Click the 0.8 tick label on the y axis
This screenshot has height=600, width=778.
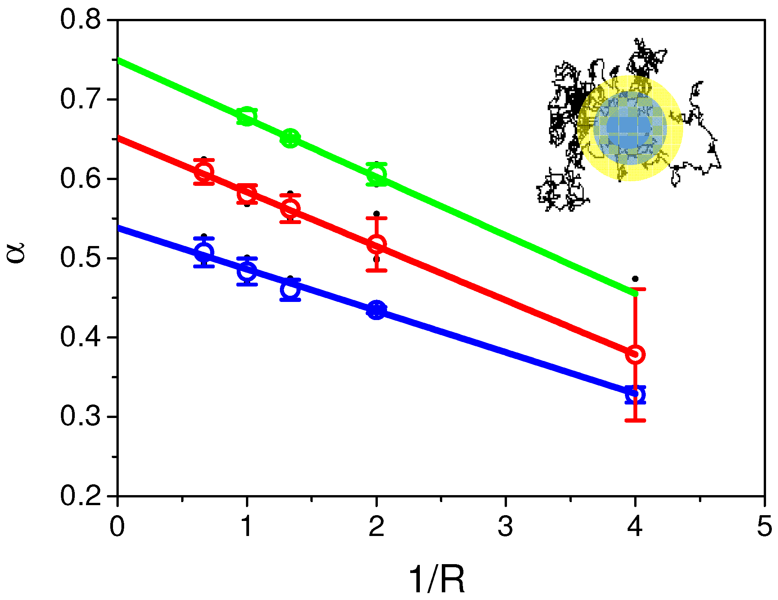click(x=80, y=20)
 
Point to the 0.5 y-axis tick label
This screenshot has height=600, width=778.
click(x=80, y=258)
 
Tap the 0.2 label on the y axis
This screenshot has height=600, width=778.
click(x=80, y=496)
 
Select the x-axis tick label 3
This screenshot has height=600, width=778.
click(x=505, y=527)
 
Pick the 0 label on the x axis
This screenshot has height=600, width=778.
click(x=117, y=527)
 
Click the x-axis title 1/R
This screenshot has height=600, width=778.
click(x=437, y=580)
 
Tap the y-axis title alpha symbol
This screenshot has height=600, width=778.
click(x=16, y=253)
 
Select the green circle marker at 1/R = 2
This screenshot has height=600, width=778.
click(x=377, y=175)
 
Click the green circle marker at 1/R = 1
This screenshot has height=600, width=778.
click(x=247, y=116)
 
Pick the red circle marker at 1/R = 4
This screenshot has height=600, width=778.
click(x=635, y=354)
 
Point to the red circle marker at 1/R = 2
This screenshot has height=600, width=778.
click(x=377, y=244)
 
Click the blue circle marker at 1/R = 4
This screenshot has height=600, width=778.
click(x=635, y=394)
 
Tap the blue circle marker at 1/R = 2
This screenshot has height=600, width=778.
click(x=377, y=310)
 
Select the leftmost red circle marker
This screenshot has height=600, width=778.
click(x=204, y=172)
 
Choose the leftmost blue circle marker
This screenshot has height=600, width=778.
click(x=204, y=253)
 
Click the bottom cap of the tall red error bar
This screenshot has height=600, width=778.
click(x=635, y=420)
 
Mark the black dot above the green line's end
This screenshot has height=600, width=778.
click(x=635, y=279)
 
